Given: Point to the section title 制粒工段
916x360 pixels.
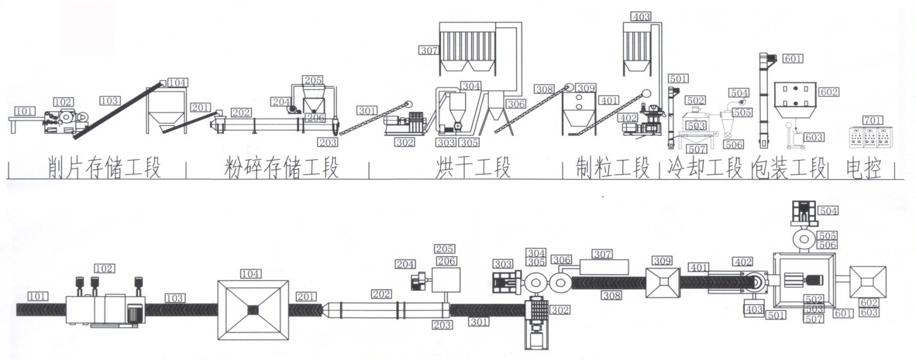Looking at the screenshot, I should pos(615,168).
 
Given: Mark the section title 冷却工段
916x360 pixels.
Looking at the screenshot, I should pos(704,168).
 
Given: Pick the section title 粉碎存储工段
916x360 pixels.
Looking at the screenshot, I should pos(281,168).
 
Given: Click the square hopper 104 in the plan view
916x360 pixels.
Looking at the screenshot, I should pos(251,309).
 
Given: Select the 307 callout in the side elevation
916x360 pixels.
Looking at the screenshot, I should pos(429,49).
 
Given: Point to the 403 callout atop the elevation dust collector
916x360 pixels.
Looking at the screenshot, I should pos(641,17).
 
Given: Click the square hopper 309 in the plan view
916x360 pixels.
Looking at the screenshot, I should pos(662,282).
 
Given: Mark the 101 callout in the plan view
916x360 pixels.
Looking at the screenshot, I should pos(38,296).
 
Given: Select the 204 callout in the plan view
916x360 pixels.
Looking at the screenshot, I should pos(405,264).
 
